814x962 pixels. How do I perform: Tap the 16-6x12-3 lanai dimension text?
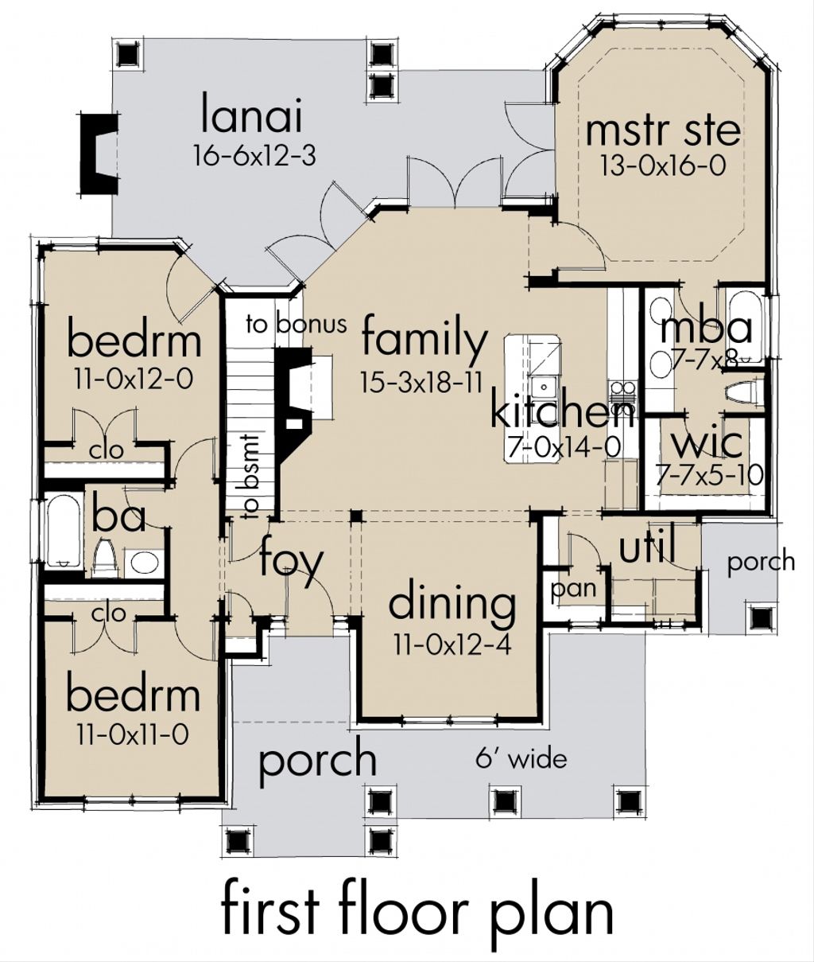point(254,155)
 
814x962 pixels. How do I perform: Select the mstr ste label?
point(662,130)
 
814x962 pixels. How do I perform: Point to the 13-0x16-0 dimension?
point(662,166)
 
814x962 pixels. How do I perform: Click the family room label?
point(424,340)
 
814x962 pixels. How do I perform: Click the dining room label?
point(451,603)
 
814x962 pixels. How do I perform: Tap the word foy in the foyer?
point(292,562)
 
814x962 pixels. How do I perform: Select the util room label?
point(647,547)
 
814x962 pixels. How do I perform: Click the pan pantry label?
point(573,589)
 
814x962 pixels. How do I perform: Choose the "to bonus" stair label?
point(296,324)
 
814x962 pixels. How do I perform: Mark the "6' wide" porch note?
point(521,758)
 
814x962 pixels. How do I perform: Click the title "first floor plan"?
point(416,908)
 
